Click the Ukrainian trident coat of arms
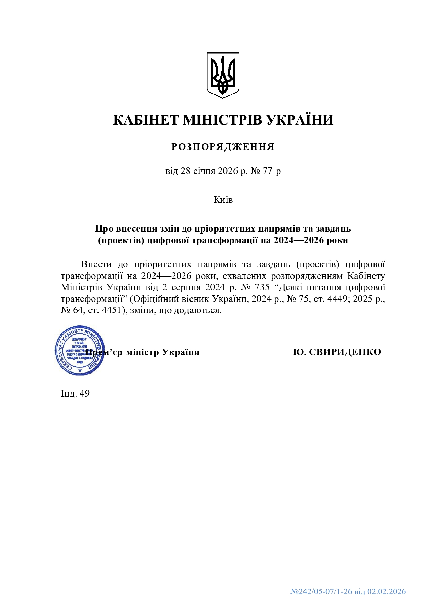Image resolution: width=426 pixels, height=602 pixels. coord(222,75)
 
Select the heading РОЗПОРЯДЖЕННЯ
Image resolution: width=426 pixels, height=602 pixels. coord(223,147)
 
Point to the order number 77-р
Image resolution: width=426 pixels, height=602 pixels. coord(272,171)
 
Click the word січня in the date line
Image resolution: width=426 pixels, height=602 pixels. coord(204,171)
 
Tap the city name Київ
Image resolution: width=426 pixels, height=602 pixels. coord(223,200)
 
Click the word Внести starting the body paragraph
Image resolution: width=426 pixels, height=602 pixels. coord(96,264)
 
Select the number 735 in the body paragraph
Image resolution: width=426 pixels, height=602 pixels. coord(263,287)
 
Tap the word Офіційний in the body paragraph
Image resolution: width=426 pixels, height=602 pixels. coord(156,299)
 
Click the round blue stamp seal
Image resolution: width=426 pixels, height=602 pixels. coord(80,350)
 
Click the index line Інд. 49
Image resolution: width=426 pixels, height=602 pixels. coord(75,393)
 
